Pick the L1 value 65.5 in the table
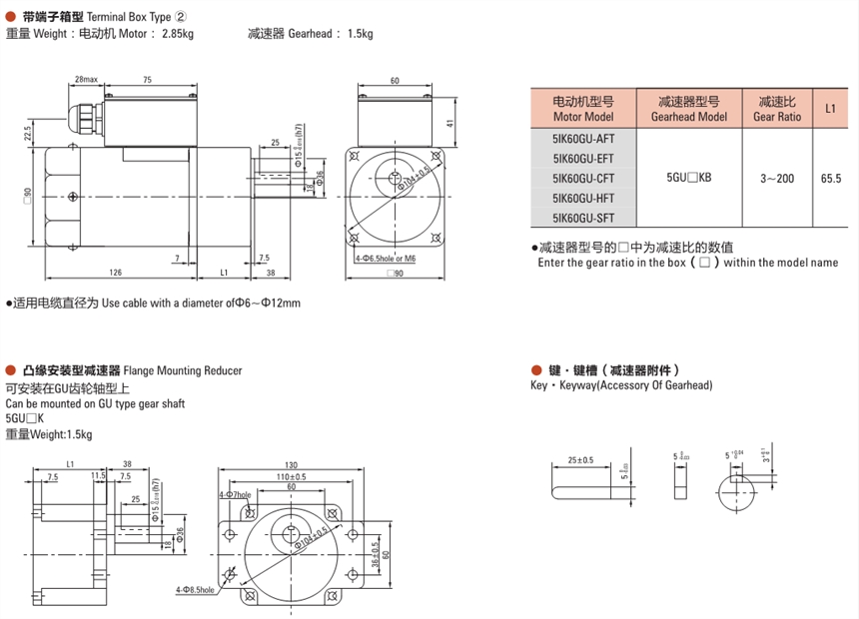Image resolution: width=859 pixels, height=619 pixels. pyautogui.click(x=829, y=178)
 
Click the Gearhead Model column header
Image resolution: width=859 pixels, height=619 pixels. pyautogui.click(x=689, y=109)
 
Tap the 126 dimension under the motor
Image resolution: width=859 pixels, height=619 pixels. pyautogui.click(x=116, y=272)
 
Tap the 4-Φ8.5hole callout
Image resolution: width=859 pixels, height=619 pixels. pyautogui.click(x=194, y=590)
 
